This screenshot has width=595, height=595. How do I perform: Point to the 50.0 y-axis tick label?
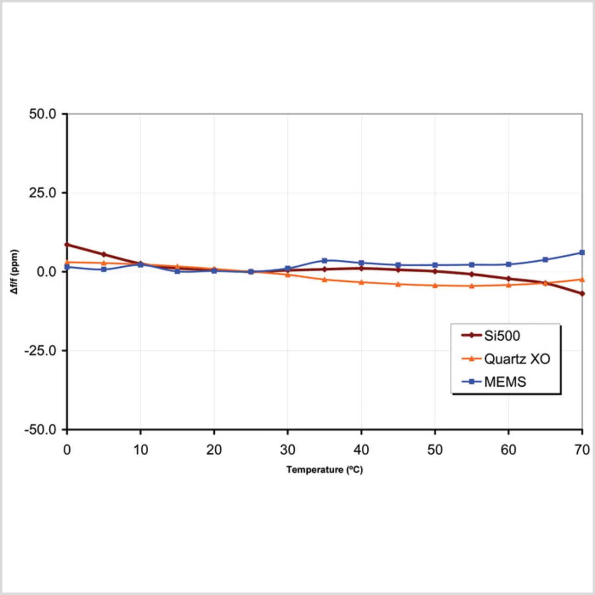pos(42,114)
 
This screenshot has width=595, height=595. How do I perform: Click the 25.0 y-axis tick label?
pos(42,192)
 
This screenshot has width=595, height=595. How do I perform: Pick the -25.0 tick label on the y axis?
pos(40,350)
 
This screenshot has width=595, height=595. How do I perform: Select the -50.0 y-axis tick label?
pos(40,430)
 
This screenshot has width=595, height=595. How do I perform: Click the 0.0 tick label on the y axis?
pos(46,271)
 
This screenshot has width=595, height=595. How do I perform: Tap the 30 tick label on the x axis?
pos(288,450)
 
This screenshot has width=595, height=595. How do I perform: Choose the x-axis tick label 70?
pos(582,450)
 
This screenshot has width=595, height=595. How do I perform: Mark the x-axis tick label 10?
pos(140,450)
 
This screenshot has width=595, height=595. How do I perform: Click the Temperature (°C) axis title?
pos(324,469)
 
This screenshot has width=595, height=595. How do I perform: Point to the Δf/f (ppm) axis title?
pos(14,271)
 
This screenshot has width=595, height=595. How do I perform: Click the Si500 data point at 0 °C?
pos(67,245)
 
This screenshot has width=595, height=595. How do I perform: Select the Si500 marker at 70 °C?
pos(582,294)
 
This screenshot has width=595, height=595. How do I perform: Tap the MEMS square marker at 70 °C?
pos(582,252)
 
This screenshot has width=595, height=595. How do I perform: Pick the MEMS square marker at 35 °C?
pos(324,261)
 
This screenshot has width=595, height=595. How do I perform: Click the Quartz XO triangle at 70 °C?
pos(582,279)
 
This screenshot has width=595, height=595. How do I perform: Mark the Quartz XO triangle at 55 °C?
pos(472,286)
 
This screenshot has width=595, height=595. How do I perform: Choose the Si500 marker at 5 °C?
pos(104,254)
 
